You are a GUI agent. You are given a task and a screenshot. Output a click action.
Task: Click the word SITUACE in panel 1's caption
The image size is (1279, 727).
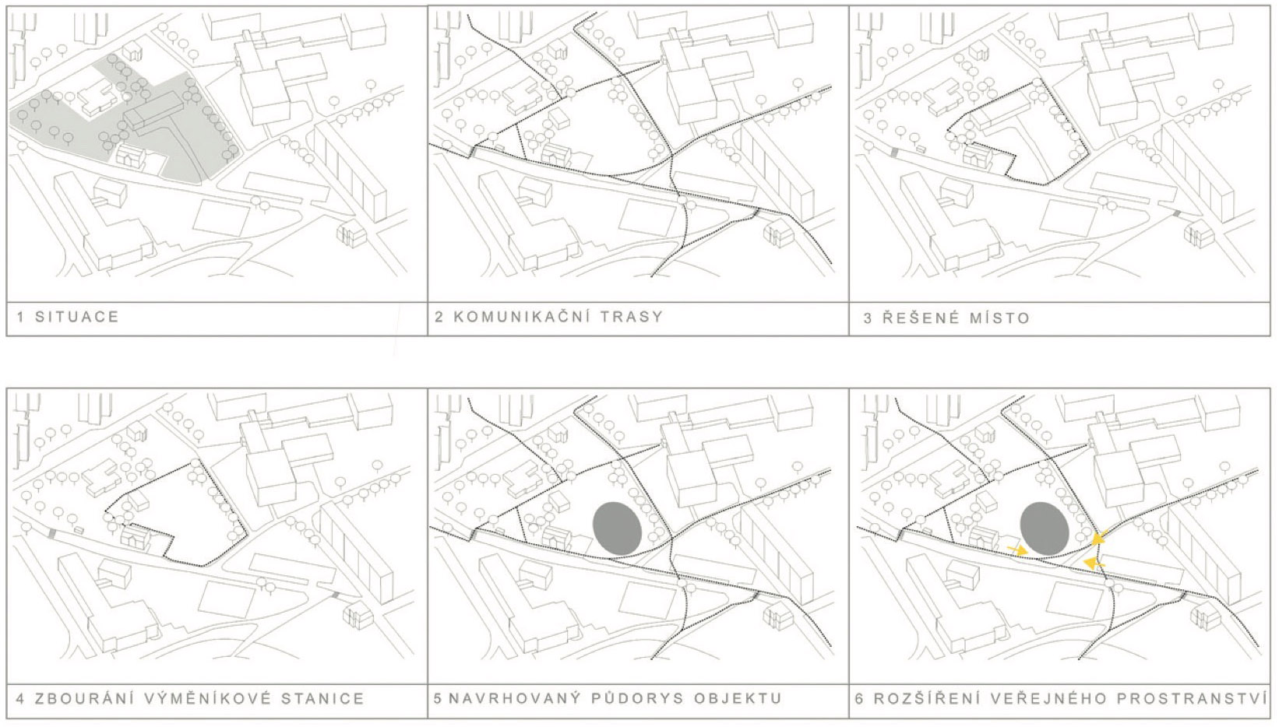(x=76, y=317)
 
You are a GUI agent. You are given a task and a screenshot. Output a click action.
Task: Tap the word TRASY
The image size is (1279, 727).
(x=636, y=317)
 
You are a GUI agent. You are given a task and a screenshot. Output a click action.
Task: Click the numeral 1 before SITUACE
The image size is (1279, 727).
(x=21, y=317)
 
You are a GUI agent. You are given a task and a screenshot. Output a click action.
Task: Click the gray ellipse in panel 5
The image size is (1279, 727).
(x=618, y=529)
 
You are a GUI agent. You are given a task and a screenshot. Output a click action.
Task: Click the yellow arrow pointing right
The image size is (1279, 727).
(x=1016, y=550)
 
